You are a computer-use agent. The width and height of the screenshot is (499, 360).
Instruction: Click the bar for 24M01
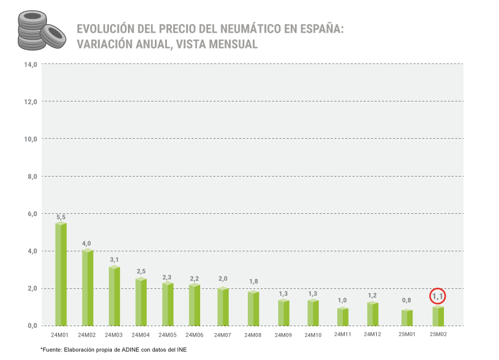click(x=61, y=274)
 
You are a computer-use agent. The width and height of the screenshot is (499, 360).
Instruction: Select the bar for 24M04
click(x=141, y=302)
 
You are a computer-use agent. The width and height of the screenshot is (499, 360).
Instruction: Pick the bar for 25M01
click(x=407, y=318)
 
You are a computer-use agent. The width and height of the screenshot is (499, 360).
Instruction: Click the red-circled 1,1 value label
click(x=438, y=296)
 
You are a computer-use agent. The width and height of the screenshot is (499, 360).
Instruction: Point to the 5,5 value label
click(x=61, y=217)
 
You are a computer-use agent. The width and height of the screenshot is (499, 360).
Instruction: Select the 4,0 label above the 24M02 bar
click(x=87, y=244)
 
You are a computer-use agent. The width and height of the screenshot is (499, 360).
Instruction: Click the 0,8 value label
click(x=407, y=300)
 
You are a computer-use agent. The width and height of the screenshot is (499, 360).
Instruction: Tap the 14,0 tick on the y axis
click(x=30, y=64)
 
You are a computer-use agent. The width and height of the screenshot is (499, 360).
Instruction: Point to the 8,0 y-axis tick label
click(x=32, y=177)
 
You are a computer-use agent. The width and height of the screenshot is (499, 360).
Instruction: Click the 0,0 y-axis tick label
click(x=32, y=326)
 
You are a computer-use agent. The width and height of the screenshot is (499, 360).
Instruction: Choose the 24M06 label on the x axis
click(x=196, y=335)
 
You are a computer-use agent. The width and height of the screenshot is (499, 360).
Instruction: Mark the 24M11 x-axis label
click(x=342, y=334)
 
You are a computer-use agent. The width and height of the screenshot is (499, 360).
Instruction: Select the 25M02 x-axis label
click(x=438, y=335)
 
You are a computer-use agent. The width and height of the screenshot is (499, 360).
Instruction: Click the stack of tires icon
click(x=39, y=31)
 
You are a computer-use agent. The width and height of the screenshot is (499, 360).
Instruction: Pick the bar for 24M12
click(x=373, y=312)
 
